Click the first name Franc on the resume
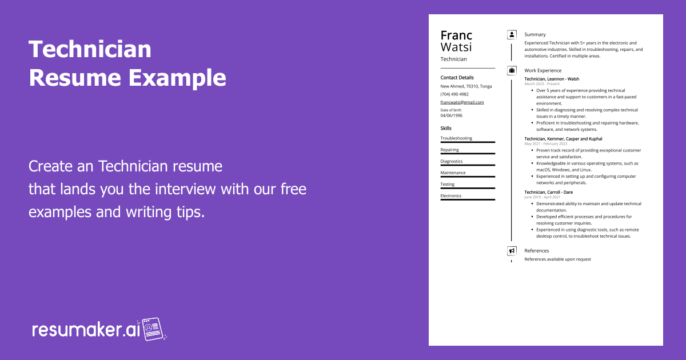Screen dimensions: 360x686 tap(456, 35)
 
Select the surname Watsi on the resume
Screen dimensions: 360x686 tap(456, 47)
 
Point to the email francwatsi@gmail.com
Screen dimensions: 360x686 tap(462, 102)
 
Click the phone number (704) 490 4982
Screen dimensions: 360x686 tap(454, 94)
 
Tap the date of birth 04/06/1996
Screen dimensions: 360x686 tap(451, 115)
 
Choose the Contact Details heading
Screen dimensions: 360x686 tap(457, 78)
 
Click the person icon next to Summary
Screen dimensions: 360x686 tap(512, 35)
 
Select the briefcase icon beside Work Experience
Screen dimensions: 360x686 tap(512, 70)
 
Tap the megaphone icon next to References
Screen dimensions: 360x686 tap(512, 251)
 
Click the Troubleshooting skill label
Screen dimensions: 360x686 tap(456, 138)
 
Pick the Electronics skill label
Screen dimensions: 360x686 tap(450, 196)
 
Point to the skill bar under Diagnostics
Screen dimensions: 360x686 tap(468, 165)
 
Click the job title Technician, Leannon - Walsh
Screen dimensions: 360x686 tap(551, 79)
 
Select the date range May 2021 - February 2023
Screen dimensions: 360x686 tap(545, 144)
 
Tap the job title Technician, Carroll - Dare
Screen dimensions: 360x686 tap(548, 192)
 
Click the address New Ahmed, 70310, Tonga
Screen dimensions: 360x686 tap(466, 86)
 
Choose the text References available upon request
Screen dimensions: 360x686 tap(557, 259)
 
